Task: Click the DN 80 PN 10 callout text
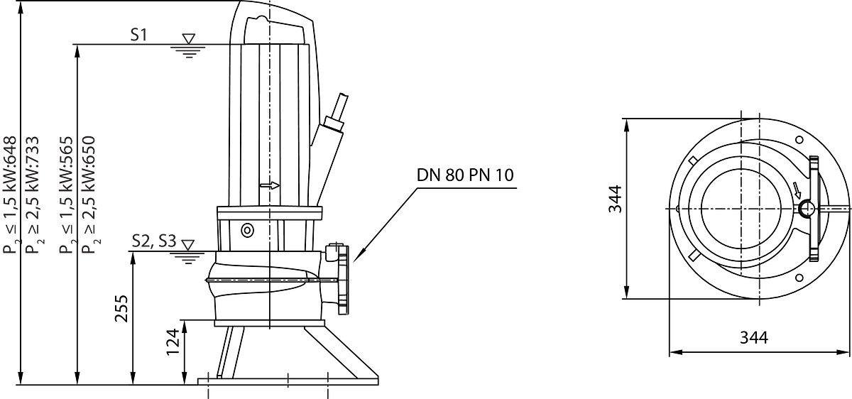point(465,175)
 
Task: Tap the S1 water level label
point(138,35)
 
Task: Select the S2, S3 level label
point(155,241)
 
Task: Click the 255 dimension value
point(121,308)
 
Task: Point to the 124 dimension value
point(173,342)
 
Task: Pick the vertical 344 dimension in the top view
point(615,199)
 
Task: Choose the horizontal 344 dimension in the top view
point(754,338)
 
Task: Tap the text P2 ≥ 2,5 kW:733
point(33,195)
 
